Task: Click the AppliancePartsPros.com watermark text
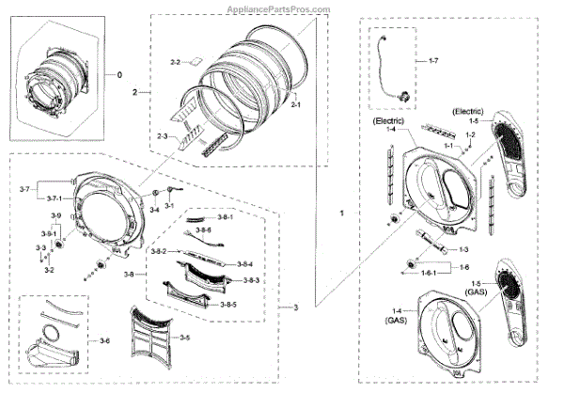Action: (x=281, y=8)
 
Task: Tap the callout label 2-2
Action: (x=175, y=62)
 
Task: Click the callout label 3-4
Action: (x=154, y=211)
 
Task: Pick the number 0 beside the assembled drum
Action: (x=119, y=74)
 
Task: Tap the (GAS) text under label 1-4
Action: (x=396, y=321)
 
